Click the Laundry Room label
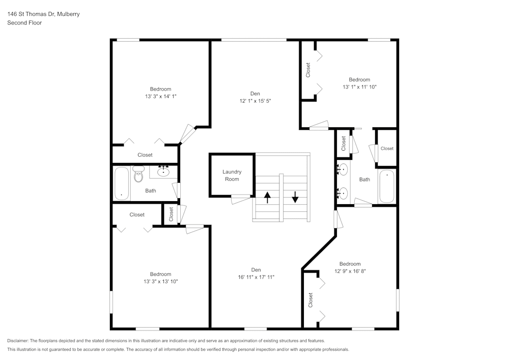[x=232, y=175]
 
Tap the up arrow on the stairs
[x=267, y=197]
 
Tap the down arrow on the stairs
[x=295, y=197]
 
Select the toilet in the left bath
[x=138, y=175]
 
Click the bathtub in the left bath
[x=122, y=184]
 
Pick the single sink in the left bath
[x=164, y=172]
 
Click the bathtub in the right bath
[x=386, y=186]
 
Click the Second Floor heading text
[x=24, y=23]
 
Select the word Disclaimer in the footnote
[x=18, y=341]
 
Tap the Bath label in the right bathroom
[x=364, y=179]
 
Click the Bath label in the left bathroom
[x=151, y=191]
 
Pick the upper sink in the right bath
[x=344, y=170]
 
